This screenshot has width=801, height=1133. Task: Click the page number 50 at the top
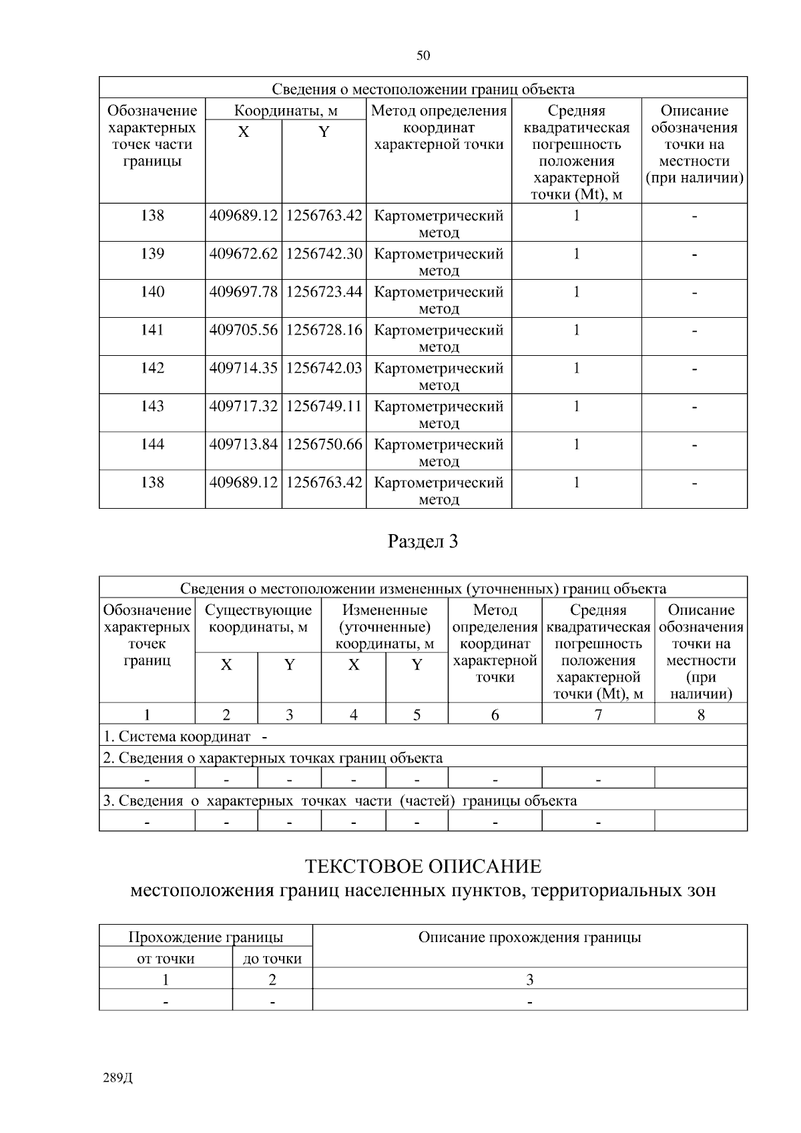point(423,55)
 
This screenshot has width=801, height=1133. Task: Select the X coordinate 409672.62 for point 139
point(243,254)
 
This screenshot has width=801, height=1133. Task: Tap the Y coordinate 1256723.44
point(324,292)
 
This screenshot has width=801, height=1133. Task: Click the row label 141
point(152,330)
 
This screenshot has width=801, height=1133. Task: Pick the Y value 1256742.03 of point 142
point(324,368)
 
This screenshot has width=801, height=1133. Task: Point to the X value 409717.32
point(243,406)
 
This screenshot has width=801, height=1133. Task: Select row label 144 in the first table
point(152,444)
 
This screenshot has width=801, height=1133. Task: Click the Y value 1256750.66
point(324,444)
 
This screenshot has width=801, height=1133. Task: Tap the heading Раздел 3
point(423,541)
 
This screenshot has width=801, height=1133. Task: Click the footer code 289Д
point(118,1078)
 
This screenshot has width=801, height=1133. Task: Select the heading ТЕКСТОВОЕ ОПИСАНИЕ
point(423,867)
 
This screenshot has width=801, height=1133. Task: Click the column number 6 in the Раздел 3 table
point(495,715)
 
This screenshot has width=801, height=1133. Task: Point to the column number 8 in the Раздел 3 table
point(700,715)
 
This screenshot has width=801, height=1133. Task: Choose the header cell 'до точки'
point(272,959)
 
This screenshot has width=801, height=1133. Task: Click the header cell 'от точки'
point(166,959)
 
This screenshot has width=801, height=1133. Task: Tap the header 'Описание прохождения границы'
point(529,937)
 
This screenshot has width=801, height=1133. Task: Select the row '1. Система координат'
point(178,736)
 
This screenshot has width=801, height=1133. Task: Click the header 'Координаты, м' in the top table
point(286,111)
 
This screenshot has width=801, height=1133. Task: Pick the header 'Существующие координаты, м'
point(258,618)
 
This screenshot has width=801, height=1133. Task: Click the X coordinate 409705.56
point(243,330)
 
